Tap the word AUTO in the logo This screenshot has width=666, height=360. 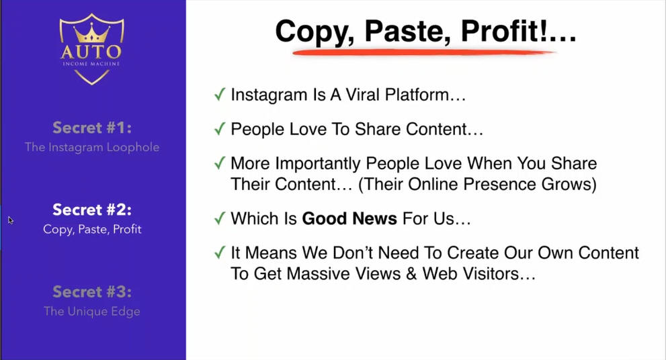91,52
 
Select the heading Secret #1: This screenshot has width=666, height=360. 92,128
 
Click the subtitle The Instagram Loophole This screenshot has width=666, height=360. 92,147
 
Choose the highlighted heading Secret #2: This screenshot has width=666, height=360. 92,210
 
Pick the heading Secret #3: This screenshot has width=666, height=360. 92,291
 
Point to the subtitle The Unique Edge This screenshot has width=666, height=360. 92,311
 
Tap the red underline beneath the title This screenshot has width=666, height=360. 424,52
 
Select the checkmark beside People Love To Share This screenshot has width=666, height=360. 220,128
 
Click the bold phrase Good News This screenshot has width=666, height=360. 349,218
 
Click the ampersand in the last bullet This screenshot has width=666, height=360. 411,274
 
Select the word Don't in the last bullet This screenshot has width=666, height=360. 353,253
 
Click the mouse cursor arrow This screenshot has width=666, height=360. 11,220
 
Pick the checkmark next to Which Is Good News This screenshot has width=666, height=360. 220,218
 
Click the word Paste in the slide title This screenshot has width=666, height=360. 408,31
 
